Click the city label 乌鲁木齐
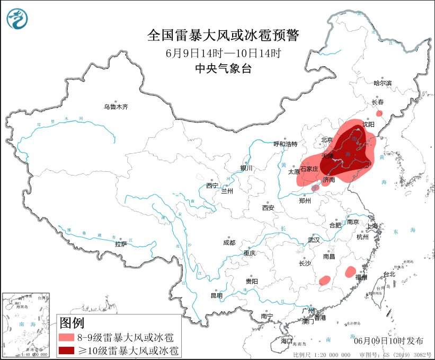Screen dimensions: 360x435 coord(116,107)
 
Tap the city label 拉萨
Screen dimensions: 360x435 coord(121,244)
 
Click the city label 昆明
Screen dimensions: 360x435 coord(217,295)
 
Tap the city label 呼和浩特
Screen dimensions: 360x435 coord(286,144)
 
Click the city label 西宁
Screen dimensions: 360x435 coord(212,186)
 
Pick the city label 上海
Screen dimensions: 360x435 coord(372,226)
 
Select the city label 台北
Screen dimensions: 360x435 coord(389,274)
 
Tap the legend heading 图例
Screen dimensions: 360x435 coord(72,322)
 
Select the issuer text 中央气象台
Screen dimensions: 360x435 coord(223,68)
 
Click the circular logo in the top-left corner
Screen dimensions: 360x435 coord(17,20)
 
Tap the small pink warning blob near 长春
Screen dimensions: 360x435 coord(379,113)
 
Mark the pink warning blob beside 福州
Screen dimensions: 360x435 coord(350,272)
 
